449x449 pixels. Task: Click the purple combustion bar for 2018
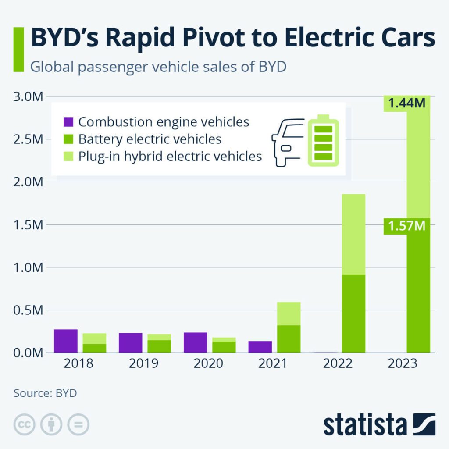coord(66,341)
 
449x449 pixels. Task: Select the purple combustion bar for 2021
coord(260,346)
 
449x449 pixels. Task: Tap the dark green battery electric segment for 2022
coord(353,314)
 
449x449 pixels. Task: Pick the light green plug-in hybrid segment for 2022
coord(353,234)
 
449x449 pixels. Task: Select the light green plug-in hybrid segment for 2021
coord(289,314)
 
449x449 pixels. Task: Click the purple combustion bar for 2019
coord(131,342)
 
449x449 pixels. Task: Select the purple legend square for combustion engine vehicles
coord(69,122)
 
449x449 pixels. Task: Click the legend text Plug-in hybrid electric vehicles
coord(170,156)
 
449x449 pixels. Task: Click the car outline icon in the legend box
coord(287,142)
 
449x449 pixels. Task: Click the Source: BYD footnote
coord(45,393)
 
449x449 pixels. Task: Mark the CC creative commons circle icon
coord(25,424)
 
